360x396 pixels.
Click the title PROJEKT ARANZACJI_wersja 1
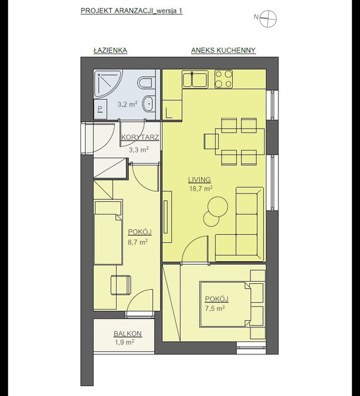(x=131, y=11)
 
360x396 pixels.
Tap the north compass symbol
(x=268, y=18)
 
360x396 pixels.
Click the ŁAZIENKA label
(x=110, y=50)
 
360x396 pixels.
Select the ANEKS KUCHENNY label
(x=224, y=50)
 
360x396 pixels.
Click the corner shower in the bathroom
(x=107, y=83)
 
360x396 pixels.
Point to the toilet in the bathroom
(x=145, y=82)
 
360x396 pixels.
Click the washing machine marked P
(x=100, y=109)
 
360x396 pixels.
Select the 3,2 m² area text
(x=127, y=104)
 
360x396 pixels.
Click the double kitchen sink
(x=195, y=79)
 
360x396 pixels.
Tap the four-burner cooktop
(x=224, y=79)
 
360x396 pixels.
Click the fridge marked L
(x=172, y=109)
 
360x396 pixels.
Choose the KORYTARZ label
(x=140, y=137)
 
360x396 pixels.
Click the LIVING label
(x=199, y=180)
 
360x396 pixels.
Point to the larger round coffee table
(x=218, y=207)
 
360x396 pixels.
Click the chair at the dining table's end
(x=211, y=141)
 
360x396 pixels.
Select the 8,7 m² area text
(x=138, y=242)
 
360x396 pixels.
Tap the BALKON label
(x=127, y=333)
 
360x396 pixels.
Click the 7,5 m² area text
(x=215, y=308)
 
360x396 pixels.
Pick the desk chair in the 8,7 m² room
(x=121, y=284)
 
